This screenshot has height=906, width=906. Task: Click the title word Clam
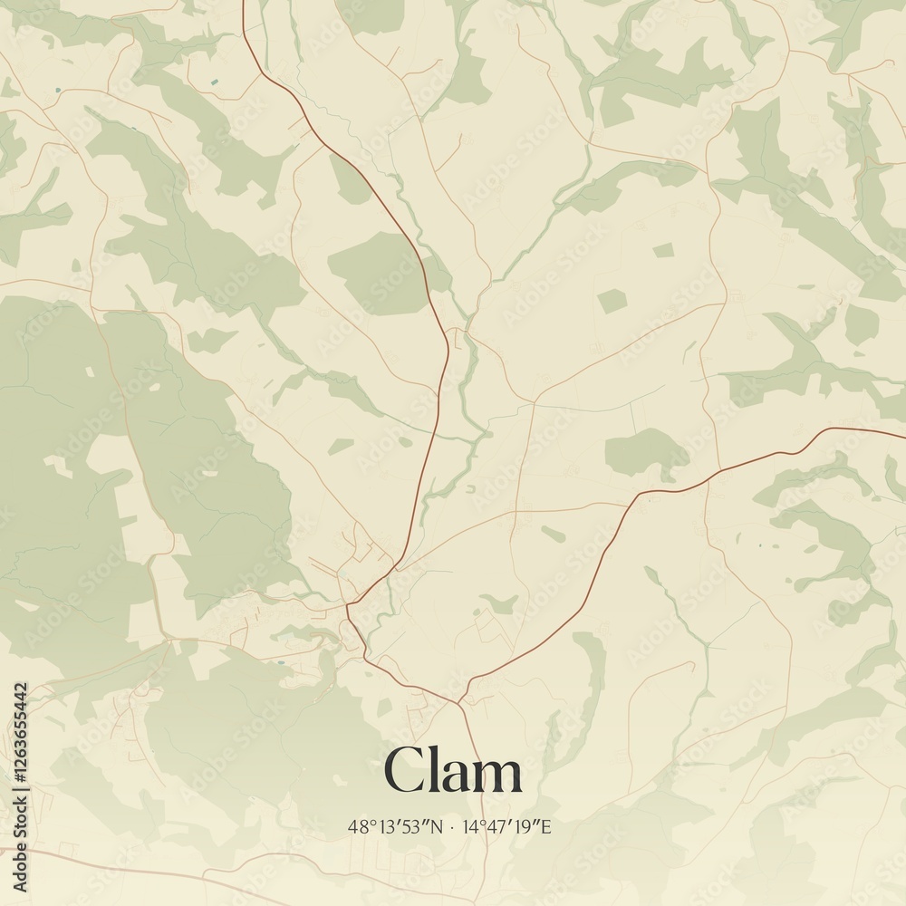(453, 773)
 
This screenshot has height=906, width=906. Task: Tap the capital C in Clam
(401, 773)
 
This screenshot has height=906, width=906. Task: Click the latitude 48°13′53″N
(396, 826)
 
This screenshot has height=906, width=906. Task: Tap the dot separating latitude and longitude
(452, 827)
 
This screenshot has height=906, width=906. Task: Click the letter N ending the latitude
(438, 826)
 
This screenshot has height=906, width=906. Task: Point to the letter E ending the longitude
(546, 826)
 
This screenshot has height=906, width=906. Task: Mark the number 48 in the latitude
(356, 826)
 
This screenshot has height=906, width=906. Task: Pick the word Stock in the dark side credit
(22, 823)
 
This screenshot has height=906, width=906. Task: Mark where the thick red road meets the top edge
(244, 3)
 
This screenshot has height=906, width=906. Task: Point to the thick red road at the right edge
(902, 431)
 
